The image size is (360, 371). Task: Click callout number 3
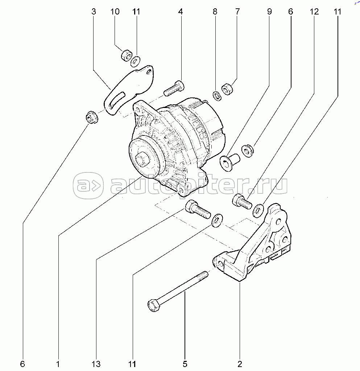click(94, 12)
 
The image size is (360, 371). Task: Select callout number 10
click(115, 12)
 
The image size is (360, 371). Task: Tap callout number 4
click(180, 12)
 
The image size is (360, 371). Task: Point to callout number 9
click(269, 12)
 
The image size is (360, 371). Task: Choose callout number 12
click(314, 12)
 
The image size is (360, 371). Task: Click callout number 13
click(96, 363)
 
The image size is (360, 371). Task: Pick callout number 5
click(185, 363)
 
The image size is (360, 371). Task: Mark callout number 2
click(240, 363)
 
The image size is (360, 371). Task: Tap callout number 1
click(58, 363)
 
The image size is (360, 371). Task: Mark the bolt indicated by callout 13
click(197, 210)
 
